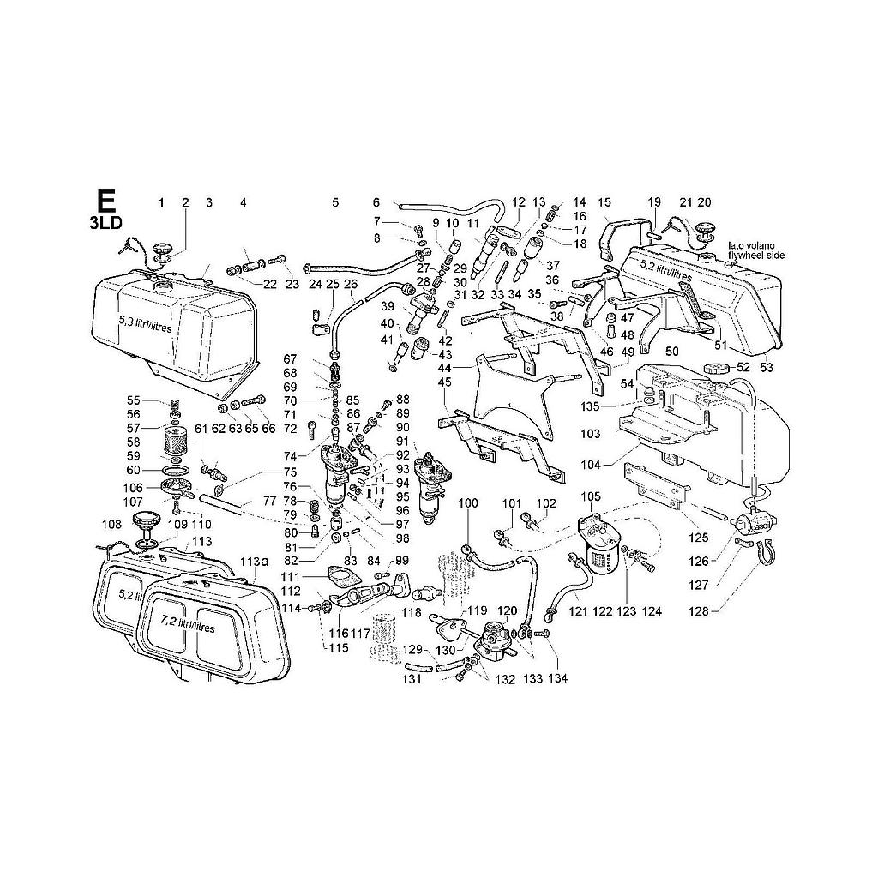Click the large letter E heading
click(x=105, y=201)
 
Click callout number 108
click(x=112, y=525)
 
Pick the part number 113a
click(x=253, y=562)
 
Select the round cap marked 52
click(x=714, y=368)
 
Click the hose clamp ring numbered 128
click(x=761, y=550)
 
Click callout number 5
click(x=335, y=203)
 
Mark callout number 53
click(x=766, y=368)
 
